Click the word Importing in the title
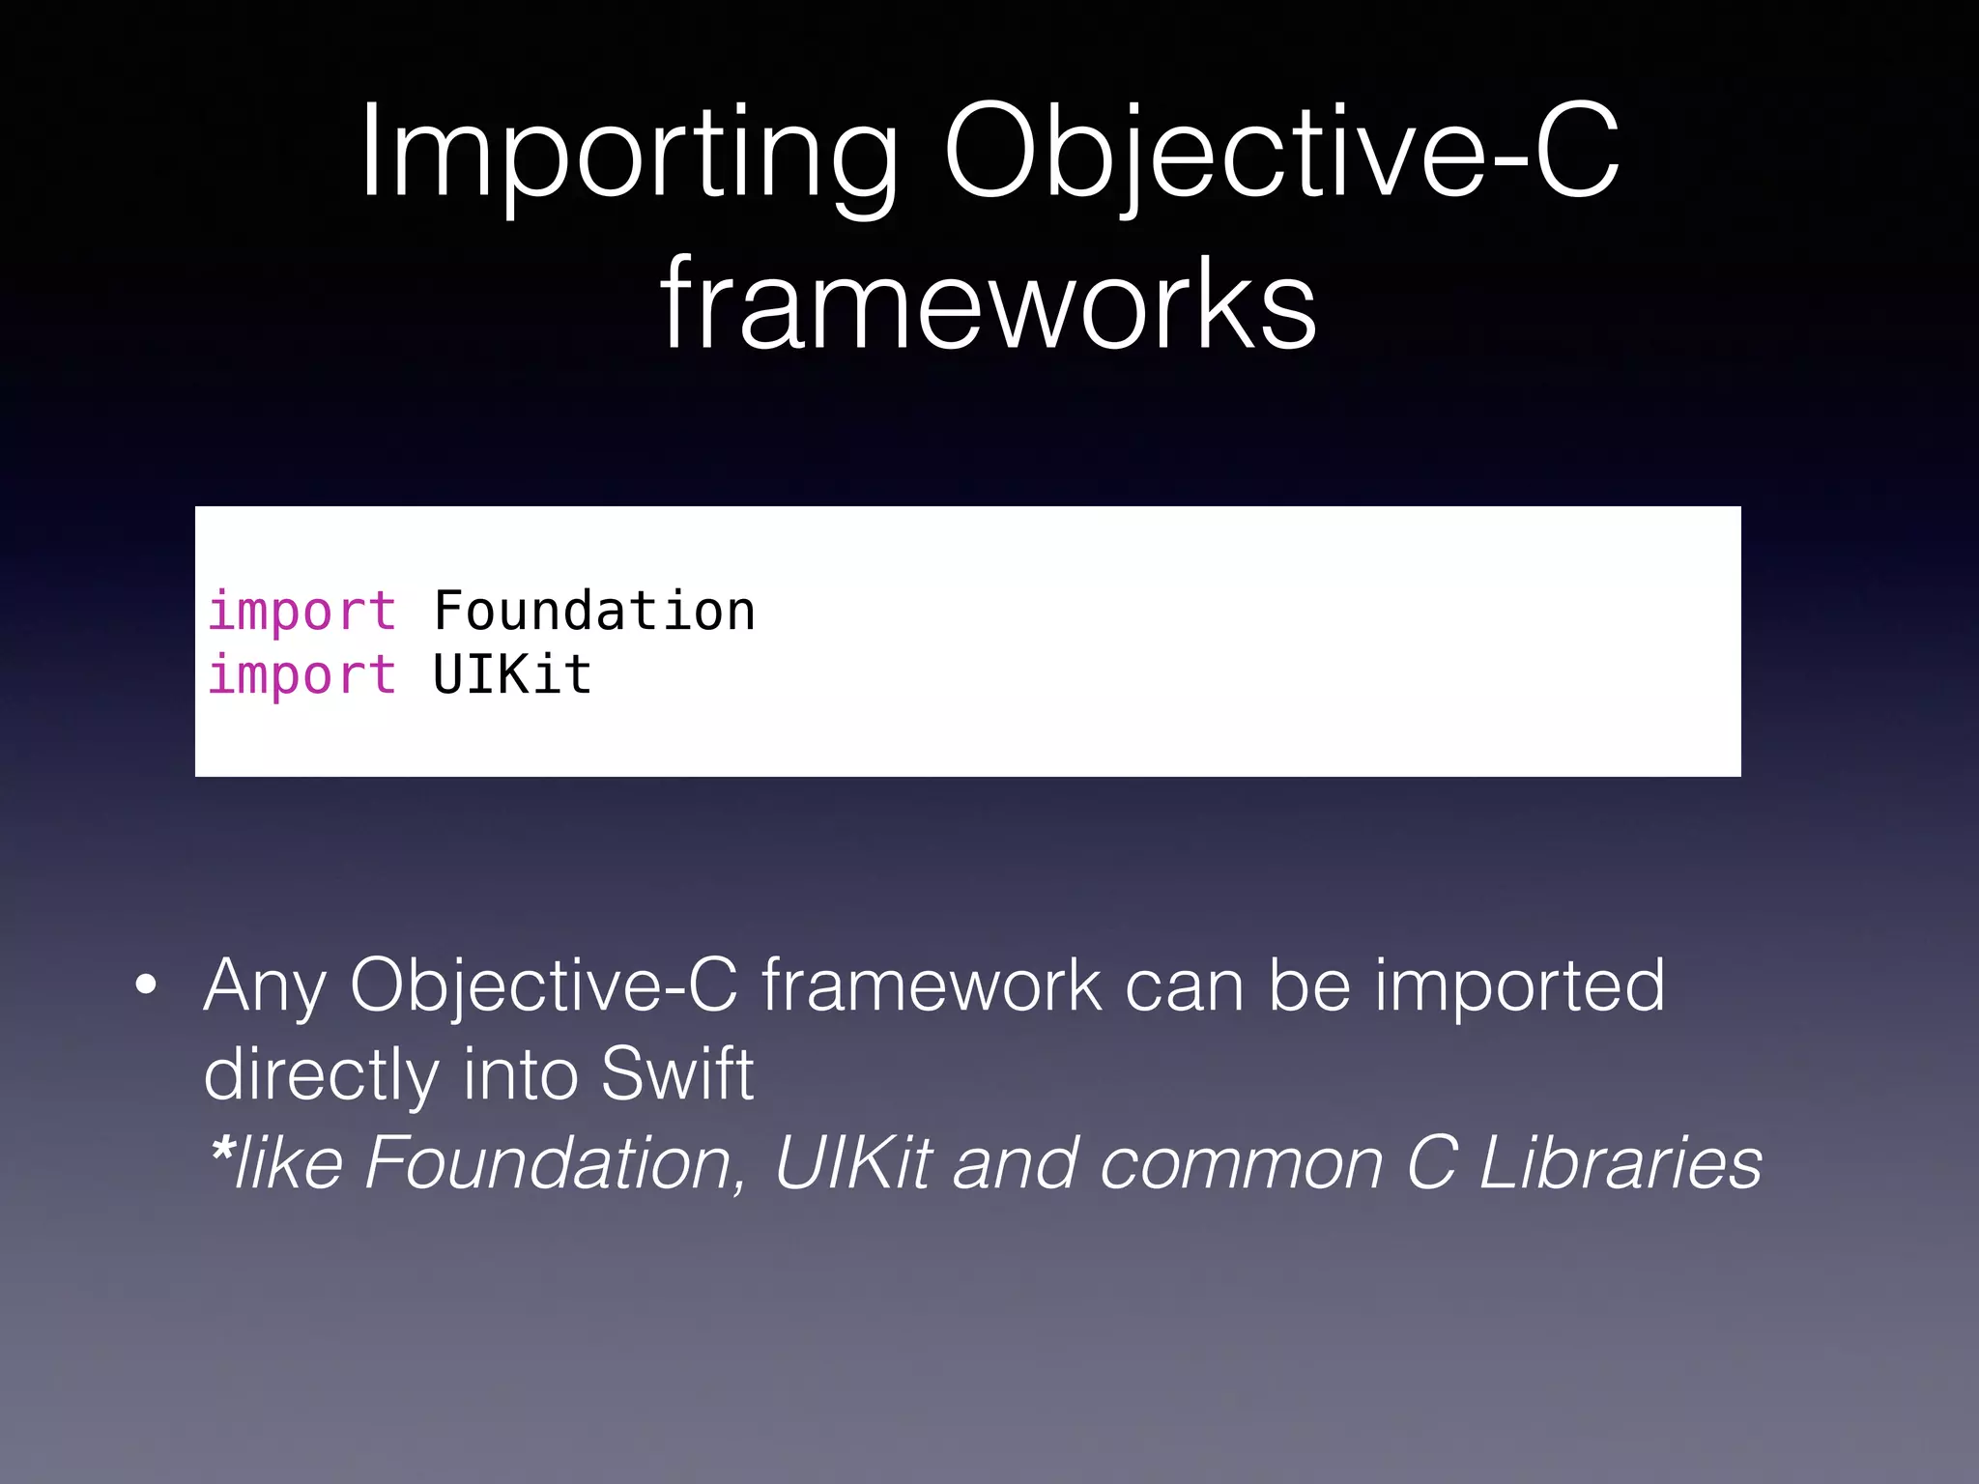click(628, 155)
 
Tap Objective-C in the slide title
click(1281, 155)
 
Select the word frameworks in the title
click(989, 304)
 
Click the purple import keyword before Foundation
click(301, 612)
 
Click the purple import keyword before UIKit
click(301, 675)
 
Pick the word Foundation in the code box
click(593, 612)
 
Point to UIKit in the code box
click(512, 675)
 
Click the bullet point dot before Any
click(146, 986)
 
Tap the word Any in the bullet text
click(265, 986)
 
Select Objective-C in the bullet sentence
click(544, 986)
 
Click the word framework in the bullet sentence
click(932, 986)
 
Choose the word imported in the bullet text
click(1520, 986)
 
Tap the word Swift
click(676, 1074)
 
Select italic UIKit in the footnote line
click(852, 1163)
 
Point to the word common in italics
click(1241, 1163)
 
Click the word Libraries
click(1620, 1163)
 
